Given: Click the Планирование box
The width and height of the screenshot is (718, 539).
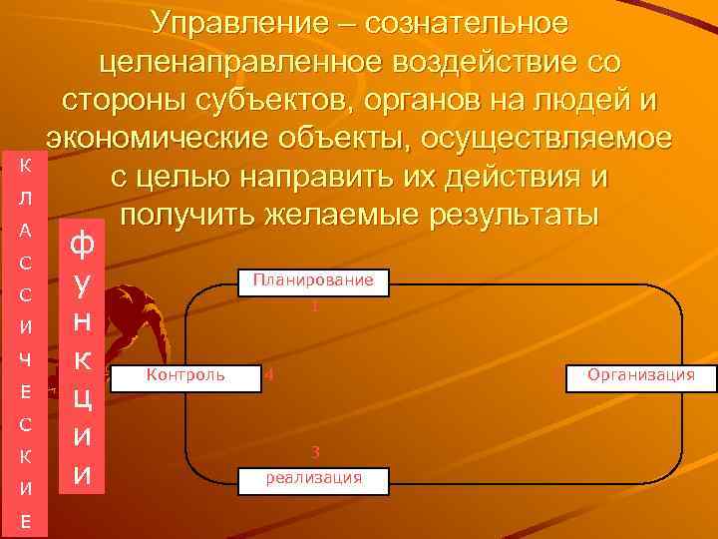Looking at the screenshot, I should (313, 280).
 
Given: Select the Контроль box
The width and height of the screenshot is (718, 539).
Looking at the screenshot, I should (185, 375).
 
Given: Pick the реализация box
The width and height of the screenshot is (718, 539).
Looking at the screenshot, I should (313, 478).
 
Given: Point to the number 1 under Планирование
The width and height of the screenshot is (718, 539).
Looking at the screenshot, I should (314, 307).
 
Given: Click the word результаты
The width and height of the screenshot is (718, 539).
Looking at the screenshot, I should (510, 216).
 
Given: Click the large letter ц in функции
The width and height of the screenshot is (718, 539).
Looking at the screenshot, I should (84, 398).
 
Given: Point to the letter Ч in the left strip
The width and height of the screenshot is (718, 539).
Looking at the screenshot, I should (27, 358).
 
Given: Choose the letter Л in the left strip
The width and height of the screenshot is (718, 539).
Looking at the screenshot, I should (27, 199).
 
